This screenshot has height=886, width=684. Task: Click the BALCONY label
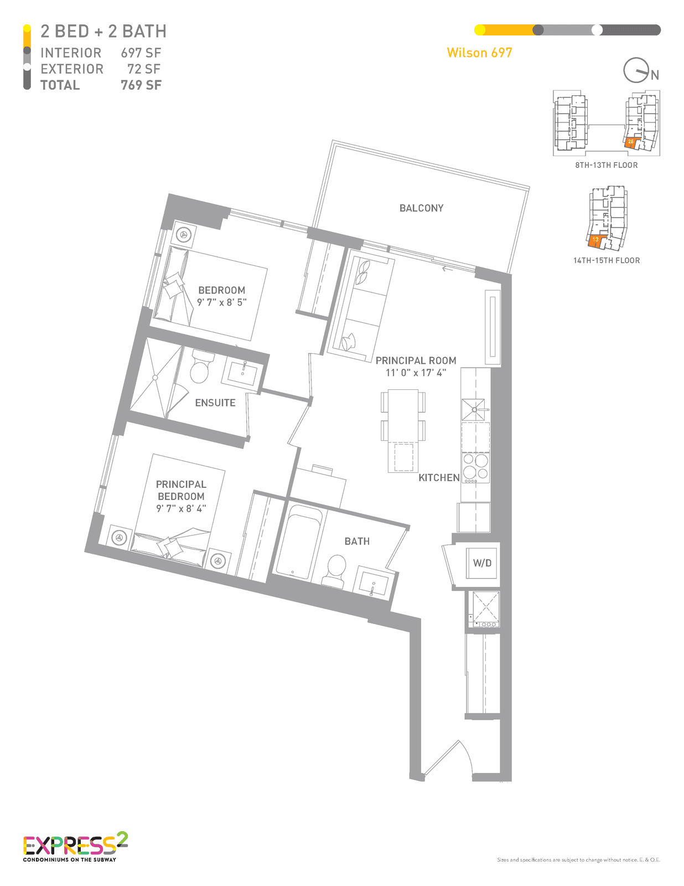(421, 208)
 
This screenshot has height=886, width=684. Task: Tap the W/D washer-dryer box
(481, 563)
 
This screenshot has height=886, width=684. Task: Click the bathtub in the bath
(299, 542)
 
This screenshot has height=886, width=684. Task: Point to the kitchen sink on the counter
(473, 409)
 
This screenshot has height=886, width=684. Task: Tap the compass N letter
(655, 75)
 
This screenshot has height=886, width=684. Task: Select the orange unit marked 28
(631, 142)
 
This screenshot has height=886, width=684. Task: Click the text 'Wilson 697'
(479, 53)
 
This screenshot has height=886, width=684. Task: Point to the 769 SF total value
(141, 85)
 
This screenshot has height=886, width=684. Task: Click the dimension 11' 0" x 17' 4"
(416, 372)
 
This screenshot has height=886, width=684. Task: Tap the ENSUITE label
(215, 403)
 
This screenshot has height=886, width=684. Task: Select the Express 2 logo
(75, 847)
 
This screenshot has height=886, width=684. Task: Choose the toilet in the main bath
(335, 570)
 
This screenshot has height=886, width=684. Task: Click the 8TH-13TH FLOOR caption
(606, 165)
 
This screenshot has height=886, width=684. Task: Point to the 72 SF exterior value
(144, 69)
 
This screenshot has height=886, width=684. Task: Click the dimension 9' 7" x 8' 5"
(221, 302)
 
